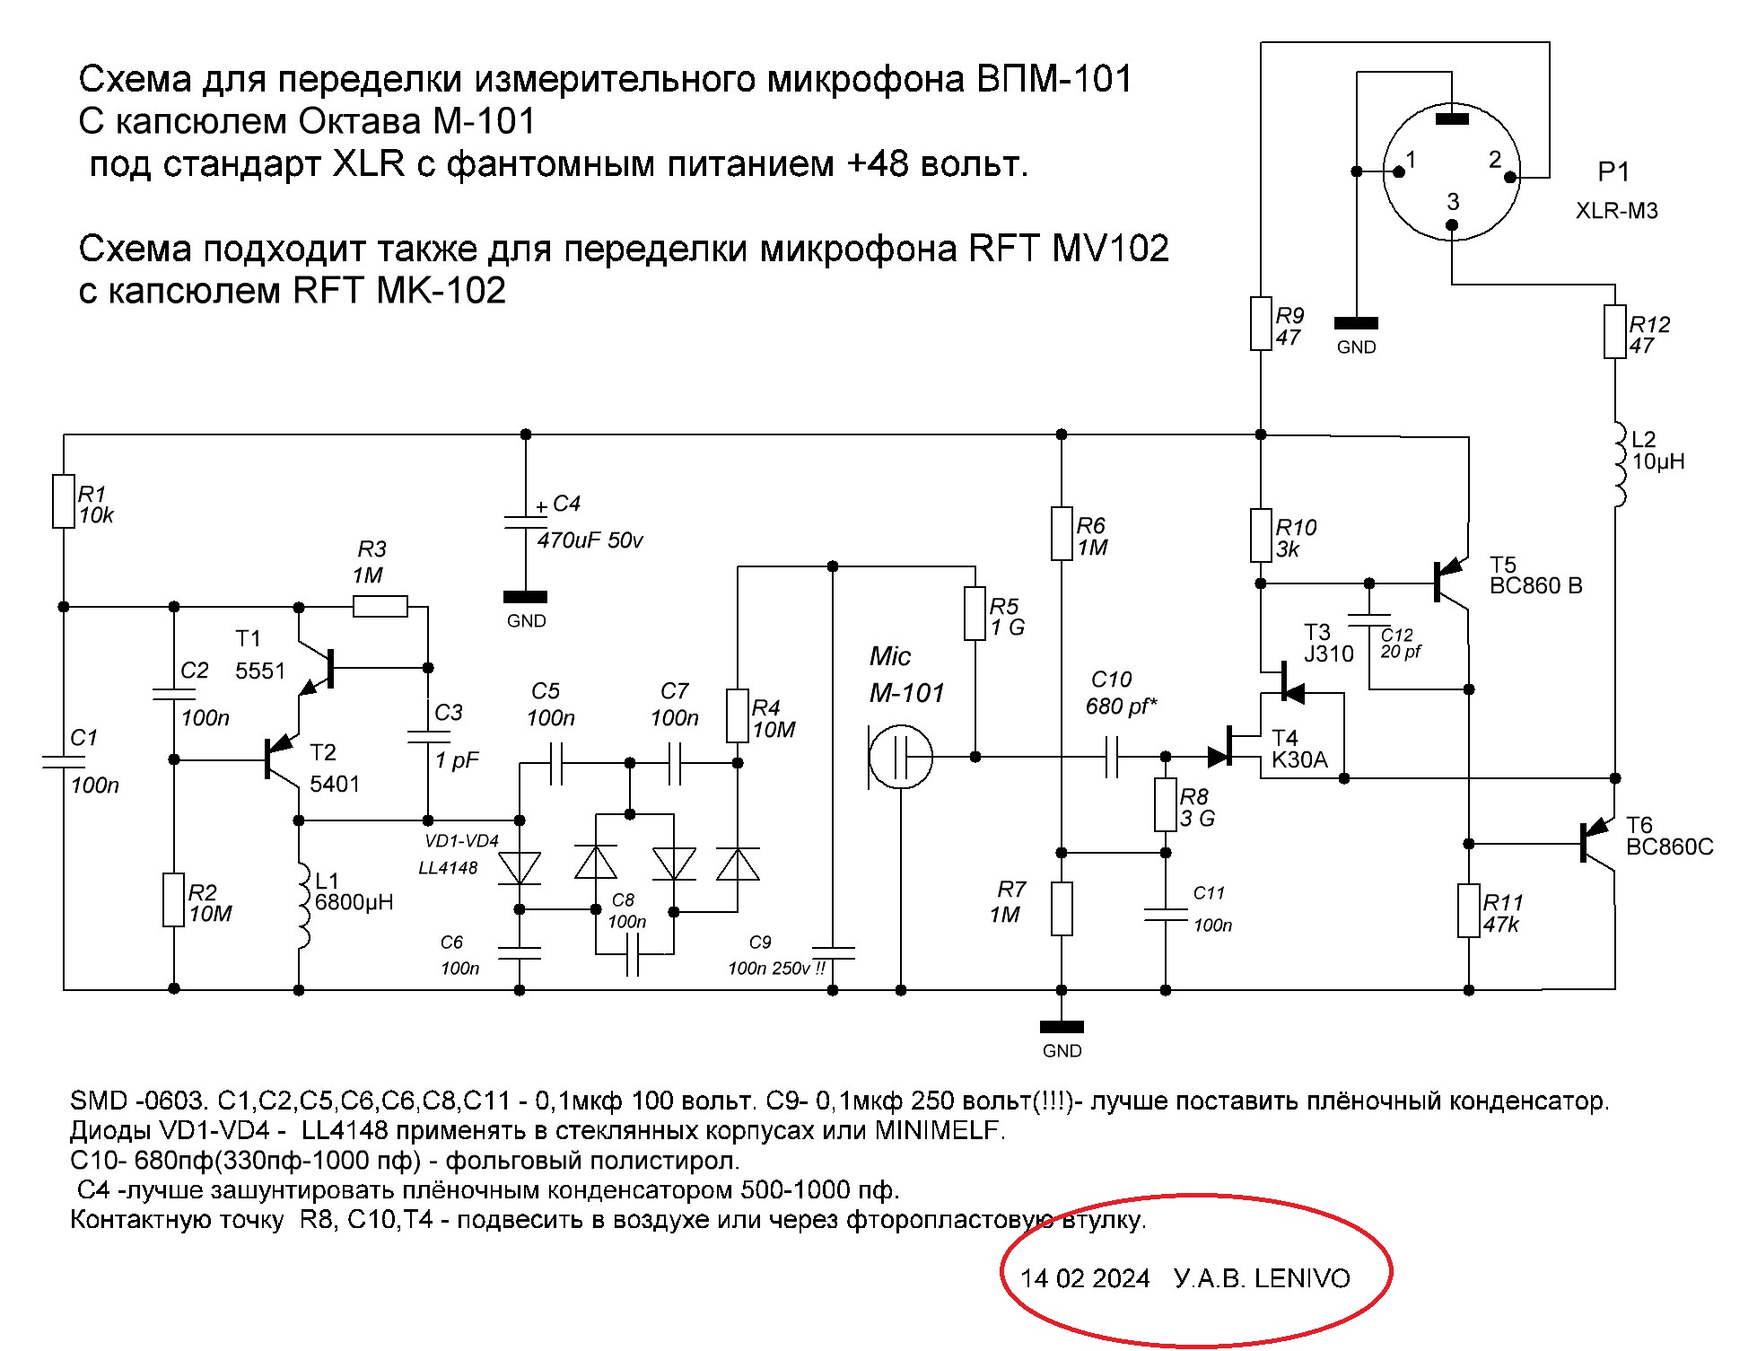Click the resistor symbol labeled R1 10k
tap(63, 501)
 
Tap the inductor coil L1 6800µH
tap(302, 907)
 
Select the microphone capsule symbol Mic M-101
tap(902, 758)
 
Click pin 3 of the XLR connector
tap(1453, 225)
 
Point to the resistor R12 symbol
tap(1615, 332)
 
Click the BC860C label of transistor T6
tap(1669, 847)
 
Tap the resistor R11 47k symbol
tap(1469, 911)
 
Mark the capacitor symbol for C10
tap(1113, 758)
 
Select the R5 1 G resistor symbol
tap(975, 614)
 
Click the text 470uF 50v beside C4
tap(590, 541)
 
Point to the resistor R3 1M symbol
tap(380, 607)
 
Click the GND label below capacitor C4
tap(526, 621)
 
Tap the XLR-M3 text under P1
tap(1617, 212)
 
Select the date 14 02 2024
tap(1084, 1279)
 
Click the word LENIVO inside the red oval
tap(1302, 1279)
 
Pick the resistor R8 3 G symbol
tap(1165, 804)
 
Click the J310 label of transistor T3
tap(1328, 654)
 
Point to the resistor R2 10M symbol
tap(174, 899)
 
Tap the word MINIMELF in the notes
tap(938, 1131)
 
